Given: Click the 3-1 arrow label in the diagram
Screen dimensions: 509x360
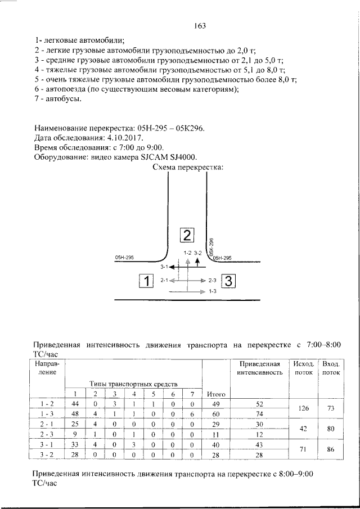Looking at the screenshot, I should [164, 267].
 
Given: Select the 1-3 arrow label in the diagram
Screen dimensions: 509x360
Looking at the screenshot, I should [213, 291].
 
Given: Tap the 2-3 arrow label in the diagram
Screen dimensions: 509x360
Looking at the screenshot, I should [213, 280].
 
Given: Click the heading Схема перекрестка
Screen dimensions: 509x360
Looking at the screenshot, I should [188, 167].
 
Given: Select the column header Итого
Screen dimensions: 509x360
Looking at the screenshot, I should [217, 394].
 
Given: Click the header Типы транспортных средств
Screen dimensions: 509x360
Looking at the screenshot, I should [133, 382].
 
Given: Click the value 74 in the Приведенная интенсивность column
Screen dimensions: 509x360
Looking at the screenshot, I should [259, 414].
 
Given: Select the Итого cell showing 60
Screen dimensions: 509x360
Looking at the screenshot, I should [217, 414].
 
